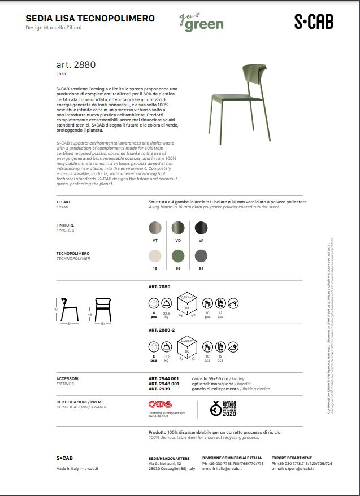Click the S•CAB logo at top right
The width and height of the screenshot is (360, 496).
(x=314, y=22)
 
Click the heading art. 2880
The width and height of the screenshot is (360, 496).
(x=76, y=65)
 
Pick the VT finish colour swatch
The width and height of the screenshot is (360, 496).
(x=155, y=228)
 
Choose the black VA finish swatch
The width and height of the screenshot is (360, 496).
(x=201, y=228)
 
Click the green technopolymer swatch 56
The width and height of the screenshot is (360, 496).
(x=178, y=255)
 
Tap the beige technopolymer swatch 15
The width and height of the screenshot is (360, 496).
(x=155, y=255)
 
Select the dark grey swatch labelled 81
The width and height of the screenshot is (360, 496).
(x=201, y=255)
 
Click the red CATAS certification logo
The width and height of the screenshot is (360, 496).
(x=160, y=404)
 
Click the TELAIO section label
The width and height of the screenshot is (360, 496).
(x=63, y=202)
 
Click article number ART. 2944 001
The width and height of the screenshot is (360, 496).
(x=163, y=378)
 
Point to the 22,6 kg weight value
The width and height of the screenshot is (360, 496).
(x=166, y=314)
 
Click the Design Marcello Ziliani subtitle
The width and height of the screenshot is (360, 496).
(x=54, y=27)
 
